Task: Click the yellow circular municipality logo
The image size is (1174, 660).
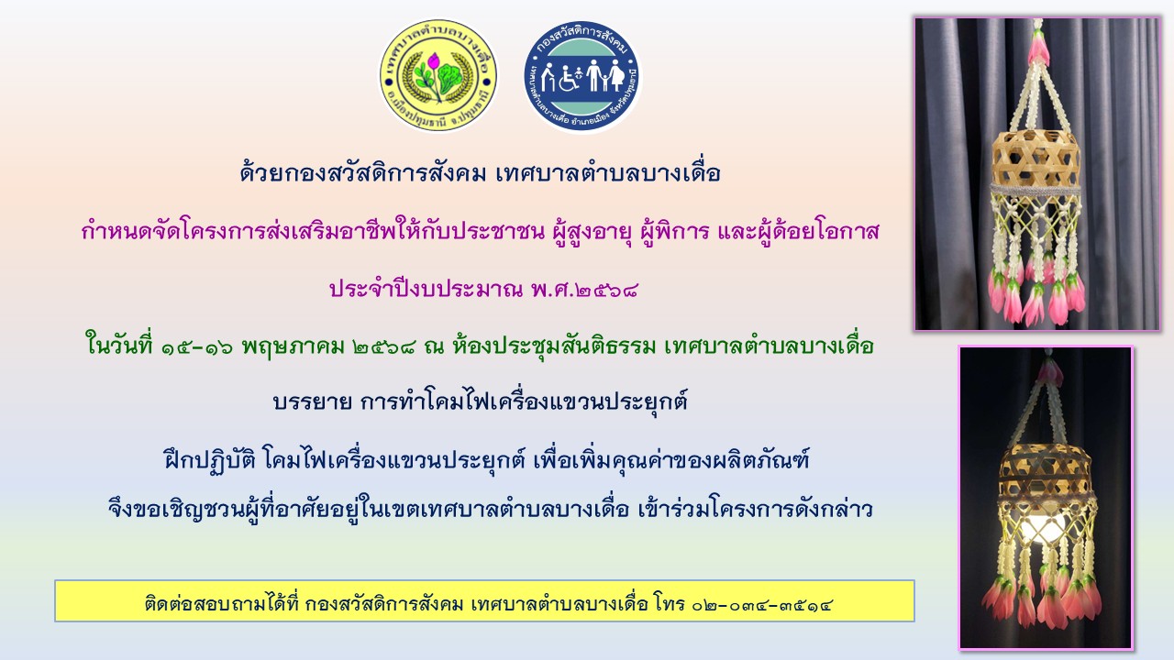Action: pyautogui.click(x=438, y=75)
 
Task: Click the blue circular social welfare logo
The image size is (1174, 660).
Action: pyautogui.click(x=582, y=76)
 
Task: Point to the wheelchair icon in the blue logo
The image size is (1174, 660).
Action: pyautogui.click(x=568, y=80)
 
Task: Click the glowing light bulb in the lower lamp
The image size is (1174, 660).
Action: pyautogui.click(x=1043, y=526)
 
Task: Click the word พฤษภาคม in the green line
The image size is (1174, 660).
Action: pyautogui.click(x=293, y=347)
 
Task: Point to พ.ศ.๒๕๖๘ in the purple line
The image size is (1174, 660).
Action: pyautogui.click(x=584, y=289)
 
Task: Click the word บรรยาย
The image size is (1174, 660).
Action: pyautogui.click(x=313, y=401)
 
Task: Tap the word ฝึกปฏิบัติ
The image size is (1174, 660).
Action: pyautogui.click(x=210, y=461)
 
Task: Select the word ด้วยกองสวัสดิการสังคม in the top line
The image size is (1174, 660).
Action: pyautogui.click(x=363, y=173)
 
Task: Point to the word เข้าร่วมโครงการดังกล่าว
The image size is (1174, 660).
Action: pyautogui.click(x=755, y=509)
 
